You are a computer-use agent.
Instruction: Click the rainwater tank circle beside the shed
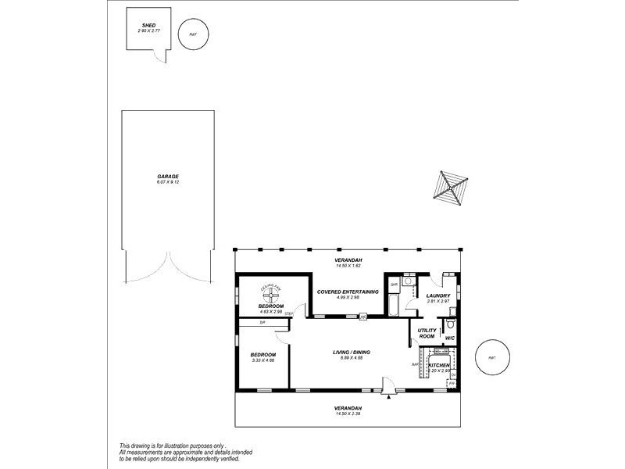[x=193, y=34]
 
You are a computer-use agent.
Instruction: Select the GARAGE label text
[x=168, y=177]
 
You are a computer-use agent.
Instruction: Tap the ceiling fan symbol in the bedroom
[x=270, y=295]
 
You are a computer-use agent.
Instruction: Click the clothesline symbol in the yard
[x=448, y=188]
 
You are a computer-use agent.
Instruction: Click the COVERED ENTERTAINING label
[x=348, y=292]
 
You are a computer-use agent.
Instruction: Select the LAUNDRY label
[x=437, y=295]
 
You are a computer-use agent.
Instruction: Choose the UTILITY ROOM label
[x=427, y=334]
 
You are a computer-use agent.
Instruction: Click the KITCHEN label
[x=438, y=365]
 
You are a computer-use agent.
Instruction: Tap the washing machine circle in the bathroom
[x=409, y=280]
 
